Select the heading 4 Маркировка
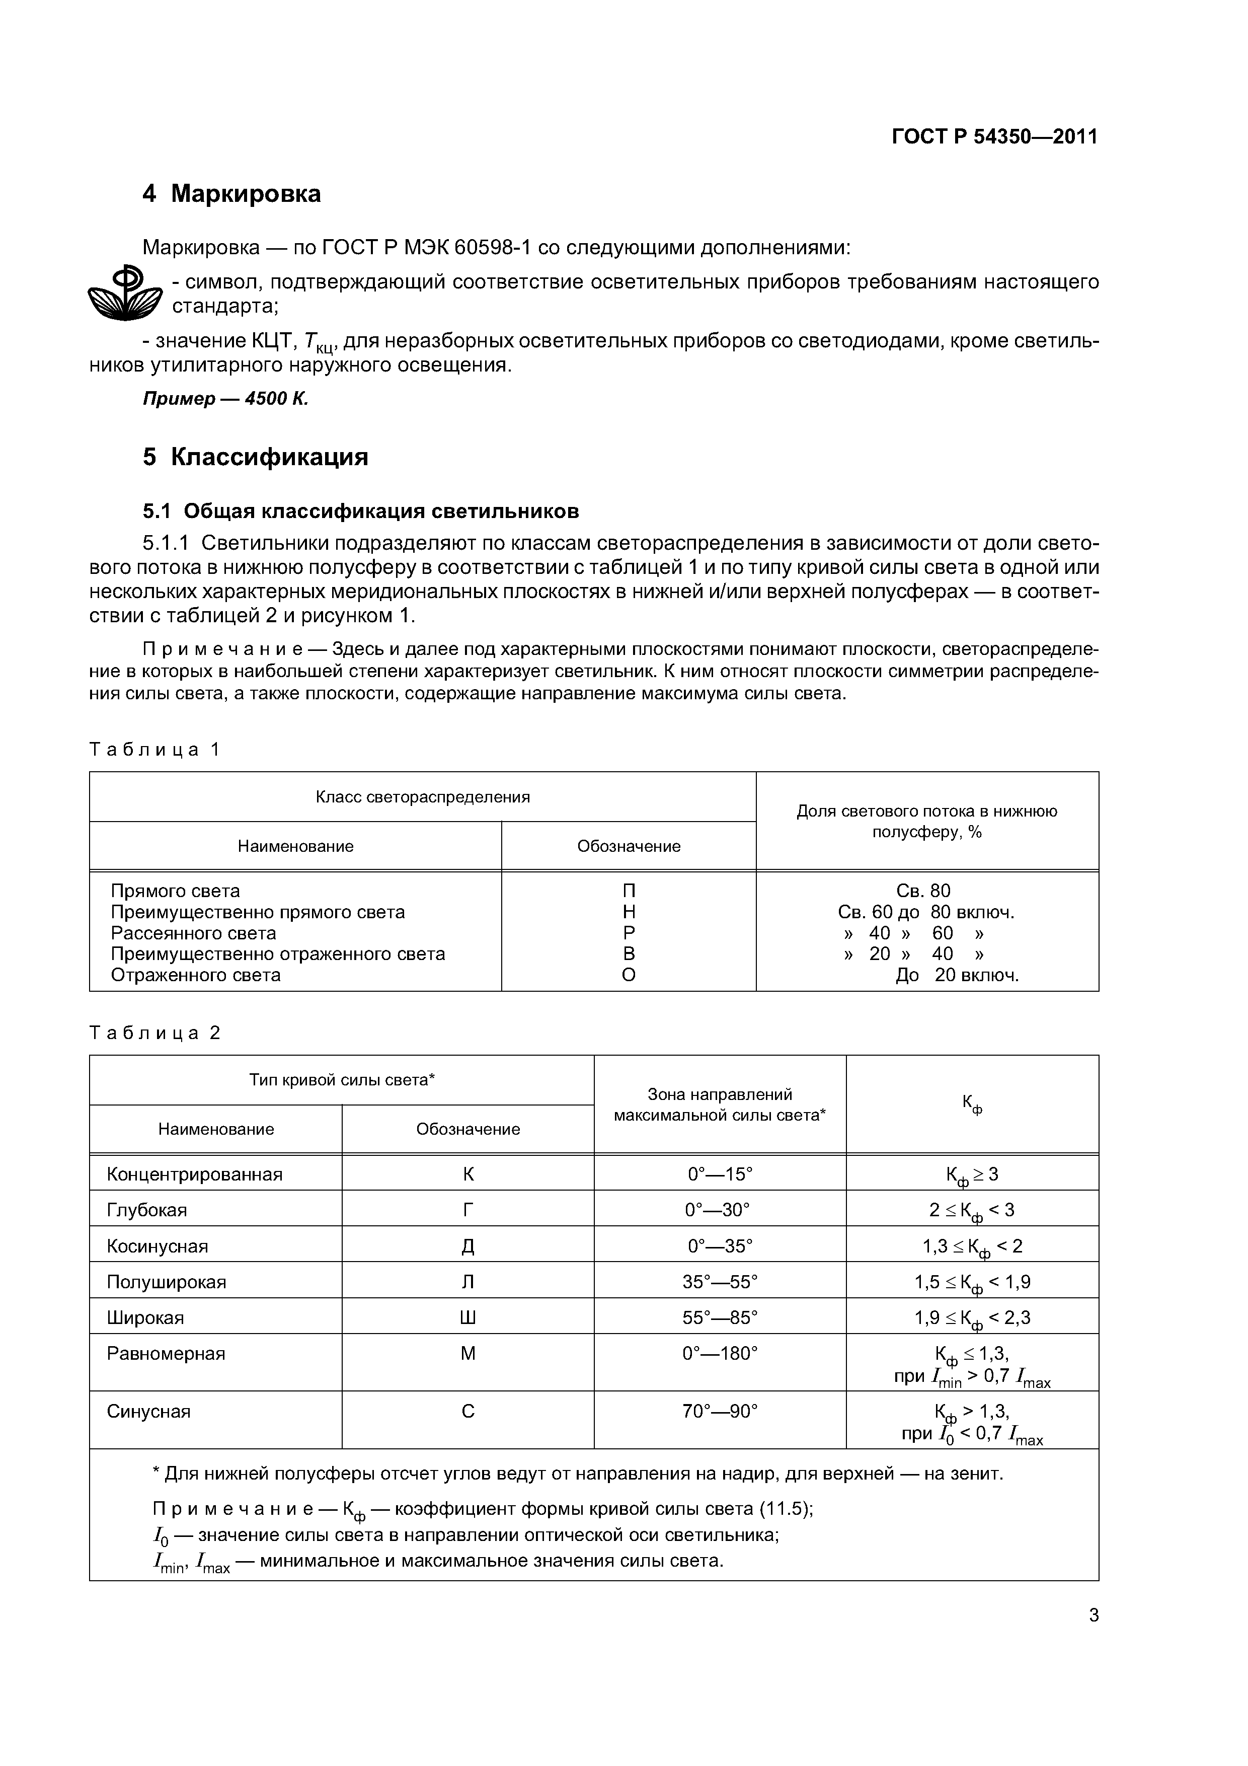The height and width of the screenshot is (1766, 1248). tap(231, 194)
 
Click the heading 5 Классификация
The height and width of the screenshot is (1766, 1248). tap(255, 457)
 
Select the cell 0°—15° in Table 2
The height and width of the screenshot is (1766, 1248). tap(720, 1174)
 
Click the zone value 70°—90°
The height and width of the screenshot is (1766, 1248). tap(720, 1412)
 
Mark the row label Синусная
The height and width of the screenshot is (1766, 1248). tap(148, 1412)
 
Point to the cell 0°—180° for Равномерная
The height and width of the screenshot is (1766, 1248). tap(720, 1353)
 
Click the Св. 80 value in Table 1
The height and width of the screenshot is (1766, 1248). tap(923, 891)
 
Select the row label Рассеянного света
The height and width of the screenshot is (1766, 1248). tap(193, 933)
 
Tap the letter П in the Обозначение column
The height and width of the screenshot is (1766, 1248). tap(629, 891)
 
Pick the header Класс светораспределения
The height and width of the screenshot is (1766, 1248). tap(423, 797)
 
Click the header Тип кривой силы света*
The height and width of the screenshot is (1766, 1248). tap(342, 1080)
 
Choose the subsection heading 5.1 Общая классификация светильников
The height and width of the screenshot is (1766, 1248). tap(361, 511)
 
